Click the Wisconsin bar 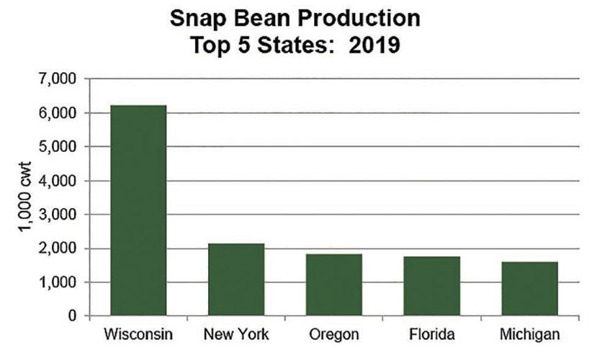138,210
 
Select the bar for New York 236,279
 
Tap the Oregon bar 334,284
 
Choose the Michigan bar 530,289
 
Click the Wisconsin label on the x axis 137,336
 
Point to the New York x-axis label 236,336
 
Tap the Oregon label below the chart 334,336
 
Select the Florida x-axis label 432,336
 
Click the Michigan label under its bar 530,336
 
